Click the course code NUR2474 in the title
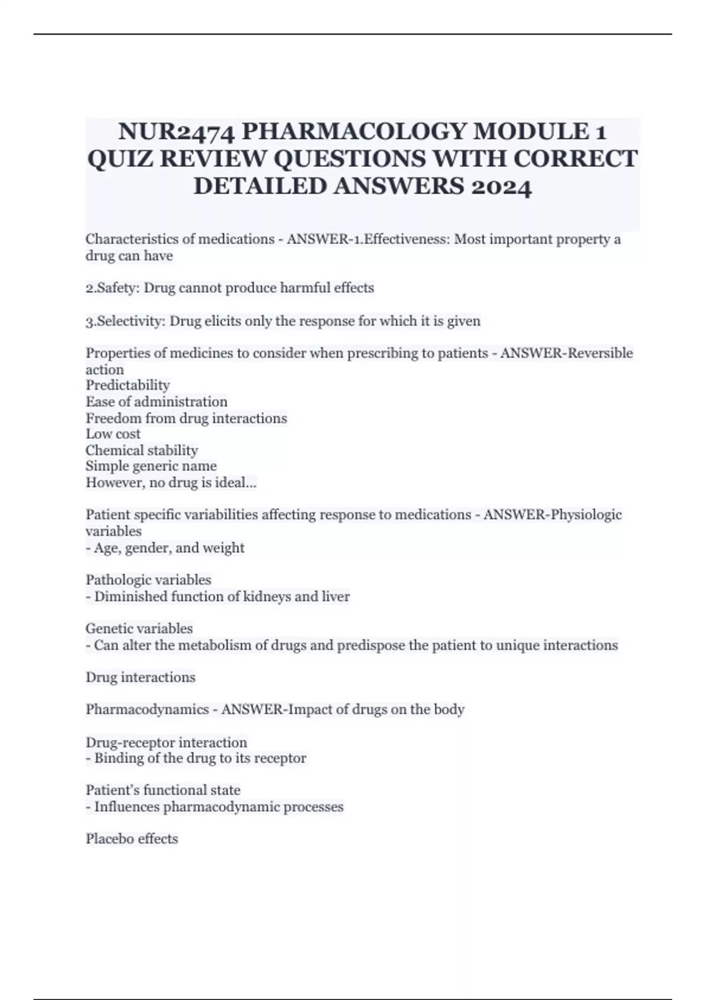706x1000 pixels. [x=177, y=131]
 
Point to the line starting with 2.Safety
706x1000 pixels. [x=229, y=288]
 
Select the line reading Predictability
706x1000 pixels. [x=128, y=385]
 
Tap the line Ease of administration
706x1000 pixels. [x=156, y=402]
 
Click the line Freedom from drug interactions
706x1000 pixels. [x=187, y=418]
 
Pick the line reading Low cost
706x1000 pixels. [x=113, y=434]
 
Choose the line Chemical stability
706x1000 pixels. [x=142, y=451]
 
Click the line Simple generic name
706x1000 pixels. [x=151, y=466]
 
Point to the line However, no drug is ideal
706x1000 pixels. [x=171, y=483]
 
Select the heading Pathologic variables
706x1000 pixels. [x=148, y=580]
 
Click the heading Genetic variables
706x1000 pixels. [x=139, y=629]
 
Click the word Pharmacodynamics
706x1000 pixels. [x=147, y=709]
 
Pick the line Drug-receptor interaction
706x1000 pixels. [x=166, y=742]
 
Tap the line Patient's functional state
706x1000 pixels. [x=163, y=790]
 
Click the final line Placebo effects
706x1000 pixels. [x=132, y=839]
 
